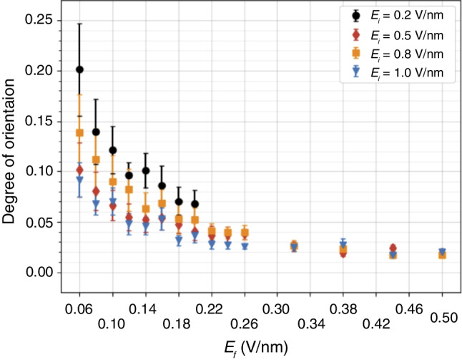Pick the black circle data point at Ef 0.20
coord(195,204)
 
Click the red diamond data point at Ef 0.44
coord(393,248)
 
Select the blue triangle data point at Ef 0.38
coord(343,245)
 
